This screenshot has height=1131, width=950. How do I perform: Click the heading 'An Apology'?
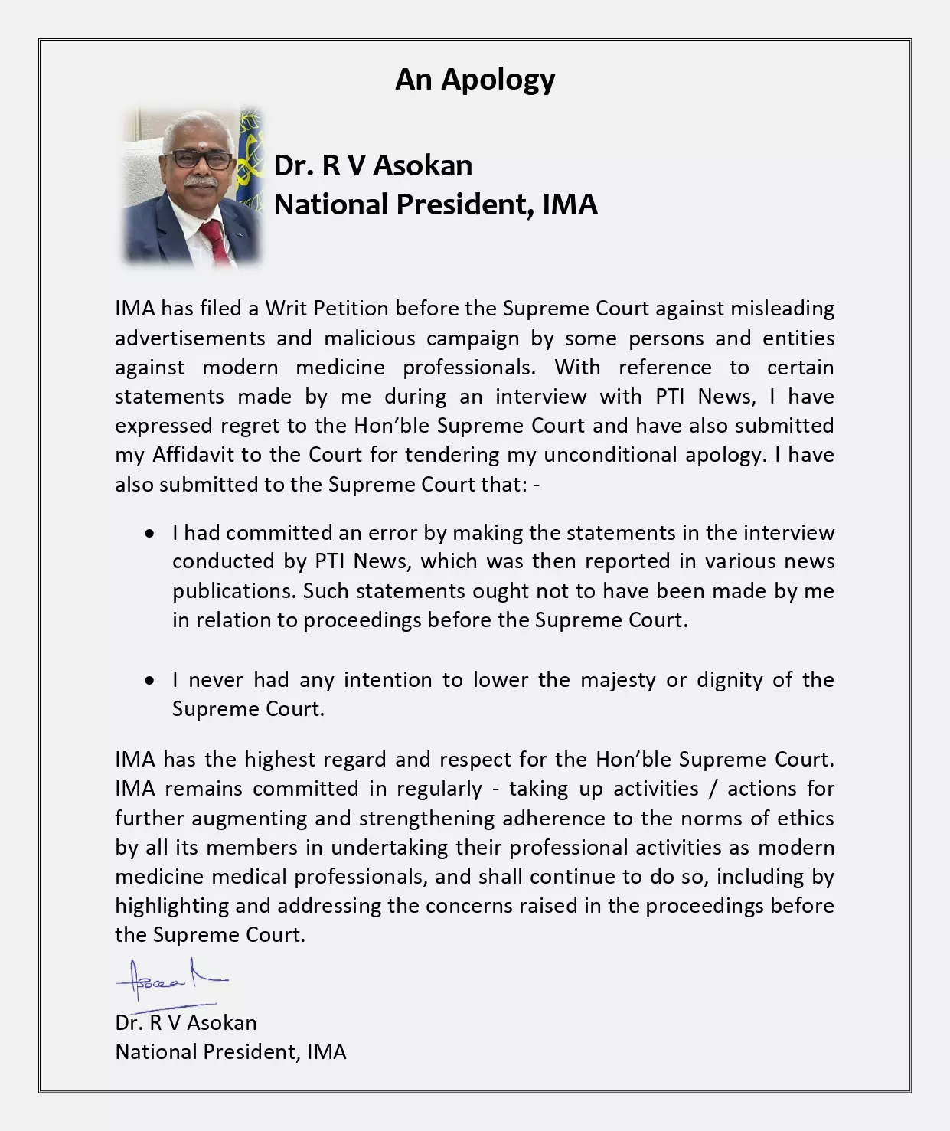[x=475, y=79]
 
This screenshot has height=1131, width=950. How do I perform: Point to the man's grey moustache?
[x=201, y=184]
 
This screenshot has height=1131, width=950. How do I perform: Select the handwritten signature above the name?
[x=171, y=980]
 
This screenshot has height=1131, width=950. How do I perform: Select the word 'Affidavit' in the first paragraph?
[x=194, y=455]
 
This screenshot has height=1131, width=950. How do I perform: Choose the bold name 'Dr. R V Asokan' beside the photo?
[x=373, y=165]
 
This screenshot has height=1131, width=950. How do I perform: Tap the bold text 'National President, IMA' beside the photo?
[x=436, y=204]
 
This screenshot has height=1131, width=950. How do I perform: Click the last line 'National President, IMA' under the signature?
[x=230, y=1051]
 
